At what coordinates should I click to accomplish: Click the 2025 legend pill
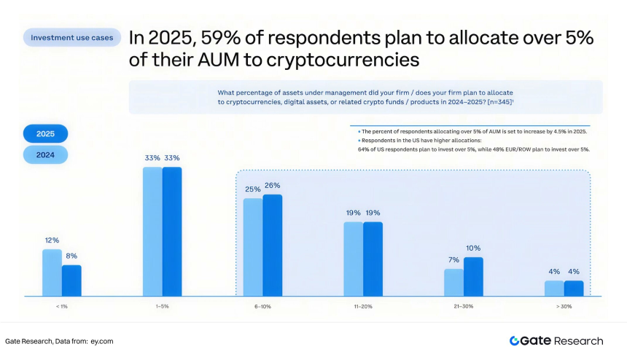45,134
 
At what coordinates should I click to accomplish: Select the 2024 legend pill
45,154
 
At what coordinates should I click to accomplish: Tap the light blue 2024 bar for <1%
52,273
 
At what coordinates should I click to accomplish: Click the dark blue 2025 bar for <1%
71,281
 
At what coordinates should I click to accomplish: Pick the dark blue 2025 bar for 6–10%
272,245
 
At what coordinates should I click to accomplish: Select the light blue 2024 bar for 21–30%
453,282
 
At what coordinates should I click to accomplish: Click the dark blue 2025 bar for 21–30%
473,276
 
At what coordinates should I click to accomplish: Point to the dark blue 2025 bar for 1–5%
172,231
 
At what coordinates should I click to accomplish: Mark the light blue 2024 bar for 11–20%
353,259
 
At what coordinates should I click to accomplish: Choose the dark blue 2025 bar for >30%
574,288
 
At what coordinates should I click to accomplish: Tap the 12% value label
51,240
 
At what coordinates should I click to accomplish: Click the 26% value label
273,186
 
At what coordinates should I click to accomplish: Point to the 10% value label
473,248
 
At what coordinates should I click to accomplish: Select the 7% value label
453,259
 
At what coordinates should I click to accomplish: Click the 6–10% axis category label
262,307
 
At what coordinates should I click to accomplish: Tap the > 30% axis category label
564,307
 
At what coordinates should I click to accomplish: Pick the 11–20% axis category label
362,307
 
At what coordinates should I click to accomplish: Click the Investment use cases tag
72,37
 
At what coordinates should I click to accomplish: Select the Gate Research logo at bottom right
556,340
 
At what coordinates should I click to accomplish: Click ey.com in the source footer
101,341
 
